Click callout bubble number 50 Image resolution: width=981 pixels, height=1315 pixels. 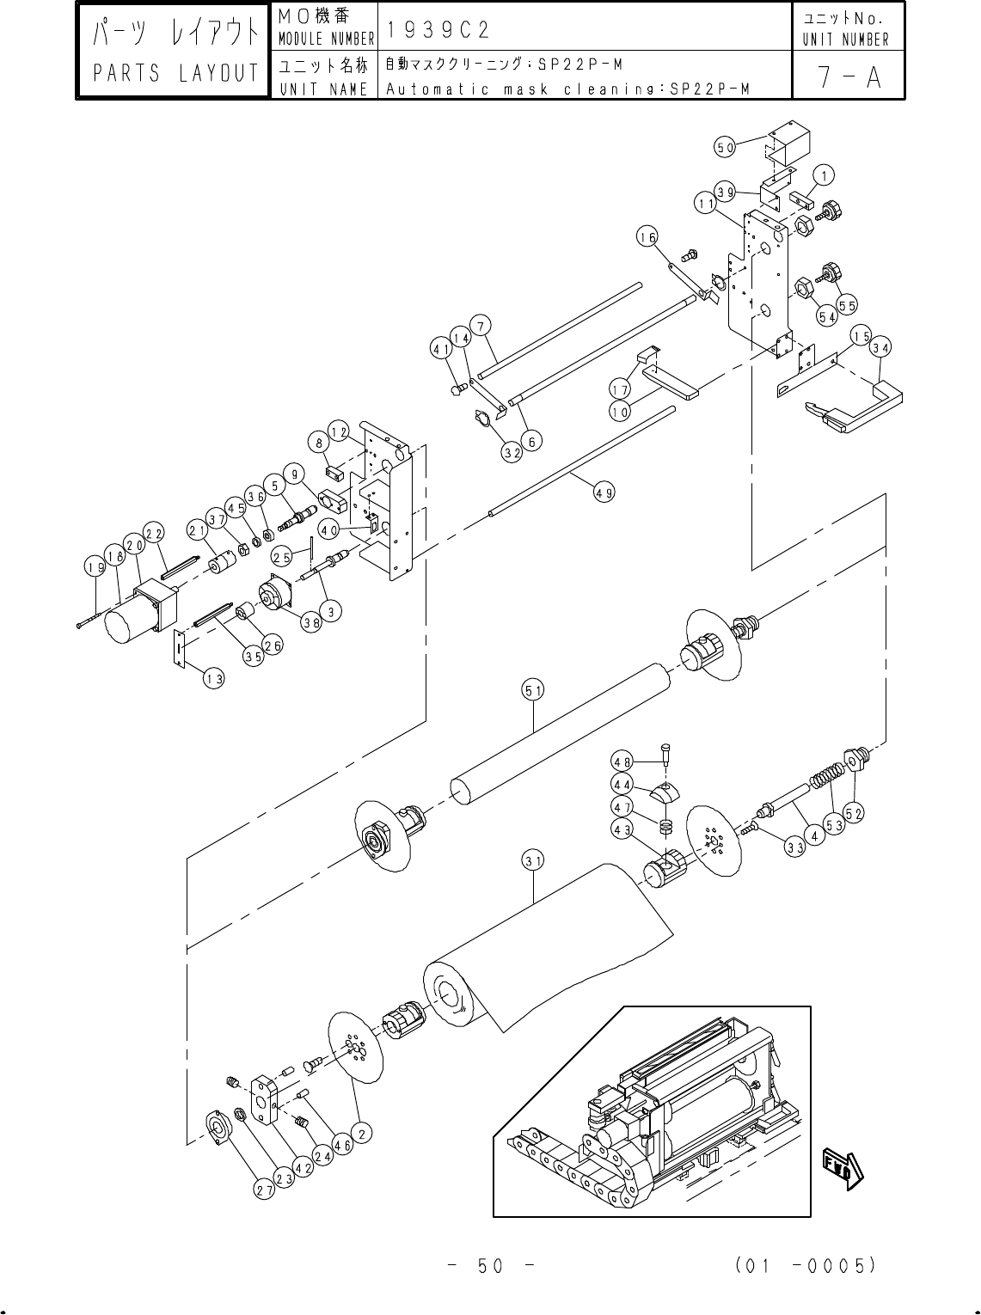pyautogui.click(x=725, y=147)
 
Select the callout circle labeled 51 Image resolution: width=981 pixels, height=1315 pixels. pyautogui.click(x=533, y=690)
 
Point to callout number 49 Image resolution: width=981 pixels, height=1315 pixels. pyautogui.click(x=604, y=492)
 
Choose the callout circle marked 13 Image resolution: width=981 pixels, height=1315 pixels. pyautogui.click(x=213, y=679)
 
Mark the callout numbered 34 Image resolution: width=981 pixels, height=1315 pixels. pyautogui.click(x=881, y=347)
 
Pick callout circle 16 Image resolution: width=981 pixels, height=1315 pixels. pyautogui.click(x=647, y=237)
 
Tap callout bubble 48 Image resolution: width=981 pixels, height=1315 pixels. pyautogui.click(x=622, y=762)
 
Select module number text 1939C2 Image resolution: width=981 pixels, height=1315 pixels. pyautogui.click(x=438, y=29)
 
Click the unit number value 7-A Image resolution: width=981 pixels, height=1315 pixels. pyautogui.click(x=849, y=76)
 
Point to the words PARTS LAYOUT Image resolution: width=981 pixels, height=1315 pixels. pyautogui.click(x=175, y=72)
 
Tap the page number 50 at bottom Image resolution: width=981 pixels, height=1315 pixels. pyautogui.click(x=490, y=1265)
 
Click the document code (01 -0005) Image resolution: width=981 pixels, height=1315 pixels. pyautogui.click(x=806, y=1264)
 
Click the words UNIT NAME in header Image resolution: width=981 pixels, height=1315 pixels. pyautogui.click(x=323, y=89)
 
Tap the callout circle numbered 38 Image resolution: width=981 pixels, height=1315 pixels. pyautogui.click(x=311, y=622)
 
